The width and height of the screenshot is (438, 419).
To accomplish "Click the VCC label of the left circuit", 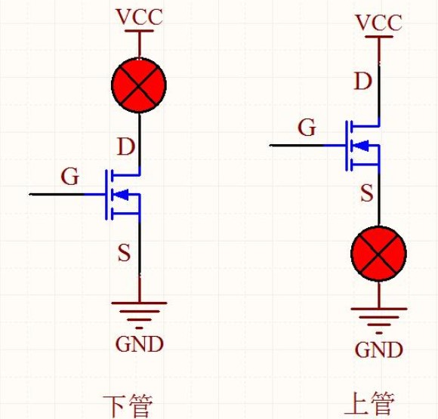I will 138,17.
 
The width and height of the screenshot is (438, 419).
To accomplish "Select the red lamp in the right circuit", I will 378,254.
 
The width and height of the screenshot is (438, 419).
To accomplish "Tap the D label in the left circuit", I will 125,146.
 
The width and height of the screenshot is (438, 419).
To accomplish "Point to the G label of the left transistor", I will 69,177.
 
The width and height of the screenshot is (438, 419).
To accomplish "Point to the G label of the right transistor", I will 307,128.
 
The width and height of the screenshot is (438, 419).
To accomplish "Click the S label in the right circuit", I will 366,194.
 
